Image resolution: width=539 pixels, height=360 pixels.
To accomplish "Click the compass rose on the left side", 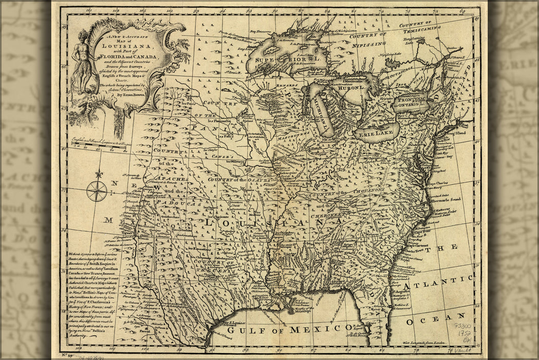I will coord(97,190).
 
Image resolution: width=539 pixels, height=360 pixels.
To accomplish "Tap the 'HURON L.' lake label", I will coord(351,88).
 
